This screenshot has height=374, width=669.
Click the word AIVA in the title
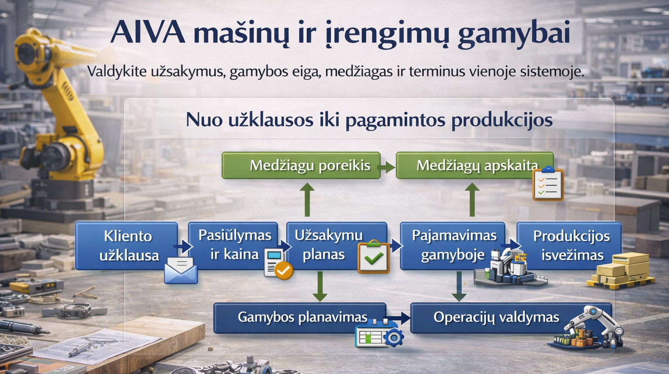pos(148,32)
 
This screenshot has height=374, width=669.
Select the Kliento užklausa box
pos(127,246)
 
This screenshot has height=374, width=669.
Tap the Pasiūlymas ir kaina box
pos(233,246)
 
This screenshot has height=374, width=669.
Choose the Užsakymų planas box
pos(337,246)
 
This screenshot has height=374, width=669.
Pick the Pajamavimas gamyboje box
pos(453,246)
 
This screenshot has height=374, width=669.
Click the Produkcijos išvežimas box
pos(569,246)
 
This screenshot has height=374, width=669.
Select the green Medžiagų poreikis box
pos(301,166)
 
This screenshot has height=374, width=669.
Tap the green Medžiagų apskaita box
pos(475,166)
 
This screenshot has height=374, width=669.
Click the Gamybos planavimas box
pos(300,318)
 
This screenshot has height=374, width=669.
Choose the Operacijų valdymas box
pos(511,318)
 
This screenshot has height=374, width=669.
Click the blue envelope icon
pos(181,270)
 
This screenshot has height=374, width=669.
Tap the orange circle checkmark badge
pos(284,270)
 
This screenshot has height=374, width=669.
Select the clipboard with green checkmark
pos(374,257)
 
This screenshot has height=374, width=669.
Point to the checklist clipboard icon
pos(548,184)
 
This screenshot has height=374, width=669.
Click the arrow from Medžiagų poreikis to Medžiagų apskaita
pos(387,167)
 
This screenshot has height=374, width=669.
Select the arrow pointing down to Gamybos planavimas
pos(320,286)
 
